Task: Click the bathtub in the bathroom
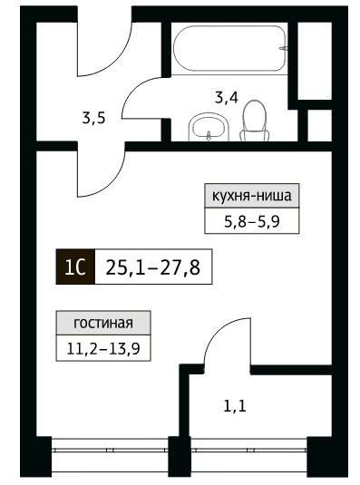[x=229, y=48]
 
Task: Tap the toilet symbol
[x=255, y=121]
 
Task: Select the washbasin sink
[x=209, y=128]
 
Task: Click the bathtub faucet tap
[x=283, y=48]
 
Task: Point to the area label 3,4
[x=227, y=98]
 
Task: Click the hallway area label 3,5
[x=93, y=118]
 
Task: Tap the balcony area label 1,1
[x=235, y=406]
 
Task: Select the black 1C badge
[x=75, y=267]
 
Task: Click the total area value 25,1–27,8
[x=153, y=267]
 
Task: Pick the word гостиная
[x=103, y=324]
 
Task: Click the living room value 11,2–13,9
[x=103, y=349]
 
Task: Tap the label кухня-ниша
[x=252, y=196]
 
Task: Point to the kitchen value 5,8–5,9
[x=252, y=221]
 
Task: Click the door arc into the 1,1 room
[x=217, y=329]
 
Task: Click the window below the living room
[x=110, y=448]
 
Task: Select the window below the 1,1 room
[x=249, y=448]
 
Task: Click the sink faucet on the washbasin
[x=209, y=134]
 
